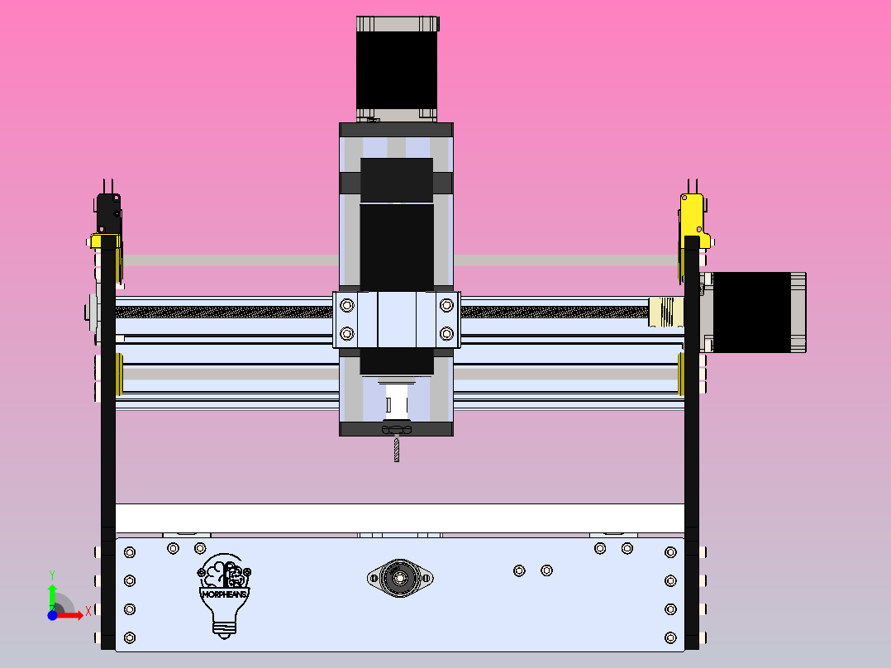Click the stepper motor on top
click(397, 66)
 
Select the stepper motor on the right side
click(756, 312)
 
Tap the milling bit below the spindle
click(396, 449)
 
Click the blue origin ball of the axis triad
click(52, 615)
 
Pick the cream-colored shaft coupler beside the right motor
click(665, 313)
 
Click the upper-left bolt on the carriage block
click(346, 306)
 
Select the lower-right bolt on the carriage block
click(447, 333)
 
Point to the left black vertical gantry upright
click(108, 446)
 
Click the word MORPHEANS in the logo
click(225, 593)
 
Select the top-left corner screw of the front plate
click(129, 552)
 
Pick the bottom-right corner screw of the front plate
click(670, 637)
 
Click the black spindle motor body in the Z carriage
click(397, 240)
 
